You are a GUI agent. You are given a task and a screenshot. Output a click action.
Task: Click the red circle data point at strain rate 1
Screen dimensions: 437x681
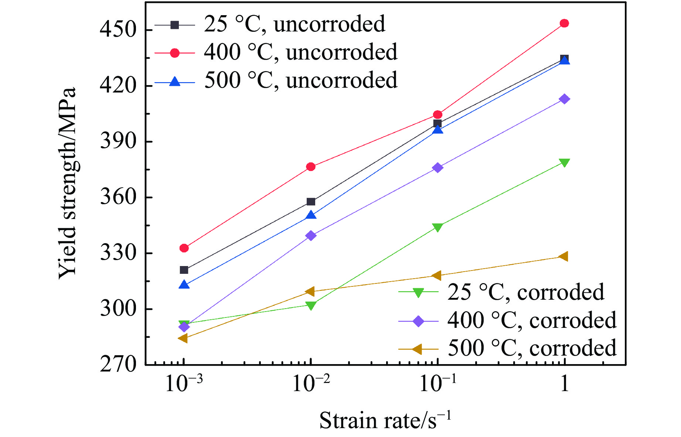(x=564, y=24)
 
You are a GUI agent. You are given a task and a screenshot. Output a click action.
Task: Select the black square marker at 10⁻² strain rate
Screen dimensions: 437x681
(x=311, y=202)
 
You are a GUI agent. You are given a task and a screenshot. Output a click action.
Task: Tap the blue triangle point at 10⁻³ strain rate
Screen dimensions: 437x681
(x=184, y=285)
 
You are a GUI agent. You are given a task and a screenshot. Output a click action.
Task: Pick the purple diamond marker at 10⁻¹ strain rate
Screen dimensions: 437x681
(x=437, y=168)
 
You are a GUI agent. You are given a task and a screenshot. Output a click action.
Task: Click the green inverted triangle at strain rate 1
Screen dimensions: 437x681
(x=564, y=163)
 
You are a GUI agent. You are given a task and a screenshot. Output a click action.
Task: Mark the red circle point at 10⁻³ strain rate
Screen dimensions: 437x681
(x=184, y=248)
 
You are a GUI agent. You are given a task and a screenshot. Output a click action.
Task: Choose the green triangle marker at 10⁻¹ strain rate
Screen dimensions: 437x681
(x=437, y=227)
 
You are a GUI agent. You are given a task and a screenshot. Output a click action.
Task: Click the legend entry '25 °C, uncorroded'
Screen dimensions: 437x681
(x=294, y=24)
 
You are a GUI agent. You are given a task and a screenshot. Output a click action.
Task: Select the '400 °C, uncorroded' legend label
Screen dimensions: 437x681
(x=300, y=52)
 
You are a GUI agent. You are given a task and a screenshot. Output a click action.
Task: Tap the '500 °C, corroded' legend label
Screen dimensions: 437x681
(x=532, y=348)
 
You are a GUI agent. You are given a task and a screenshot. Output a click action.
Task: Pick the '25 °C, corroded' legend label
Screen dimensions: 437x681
(x=526, y=292)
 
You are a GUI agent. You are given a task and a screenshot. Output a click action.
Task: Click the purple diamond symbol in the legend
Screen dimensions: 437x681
(x=418, y=321)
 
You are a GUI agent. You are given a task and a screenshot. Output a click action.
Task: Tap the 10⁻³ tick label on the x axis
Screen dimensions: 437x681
(x=184, y=384)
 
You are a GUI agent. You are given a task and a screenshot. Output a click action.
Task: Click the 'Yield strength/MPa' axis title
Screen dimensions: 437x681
(x=68, y=183)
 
